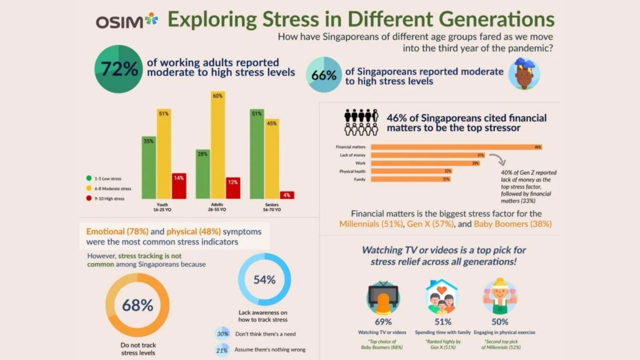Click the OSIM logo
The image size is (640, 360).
coord(126,21)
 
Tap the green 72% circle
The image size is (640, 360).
coord(118,69)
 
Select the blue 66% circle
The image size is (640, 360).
coord(324,75)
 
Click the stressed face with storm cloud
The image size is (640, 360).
coord(524,74)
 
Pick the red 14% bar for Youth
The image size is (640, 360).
coord(179,186)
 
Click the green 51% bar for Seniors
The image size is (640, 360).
coord(257,154)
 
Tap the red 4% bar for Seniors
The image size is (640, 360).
coord(287,195)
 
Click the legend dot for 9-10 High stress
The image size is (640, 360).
coord(89,198)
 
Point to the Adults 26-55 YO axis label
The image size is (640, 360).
coord(217,207)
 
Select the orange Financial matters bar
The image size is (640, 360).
coord(456,147)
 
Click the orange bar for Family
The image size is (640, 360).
coord(410,179)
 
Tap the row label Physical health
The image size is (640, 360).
coord(352,171)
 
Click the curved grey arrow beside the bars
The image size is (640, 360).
coord(498,159)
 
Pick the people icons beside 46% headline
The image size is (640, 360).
coord(361,122)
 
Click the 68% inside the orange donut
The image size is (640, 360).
coord(138,305)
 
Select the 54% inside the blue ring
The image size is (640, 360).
coord(264,280)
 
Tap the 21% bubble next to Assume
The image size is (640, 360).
coord(222,350)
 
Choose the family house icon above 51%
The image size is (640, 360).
coord(442,296)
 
